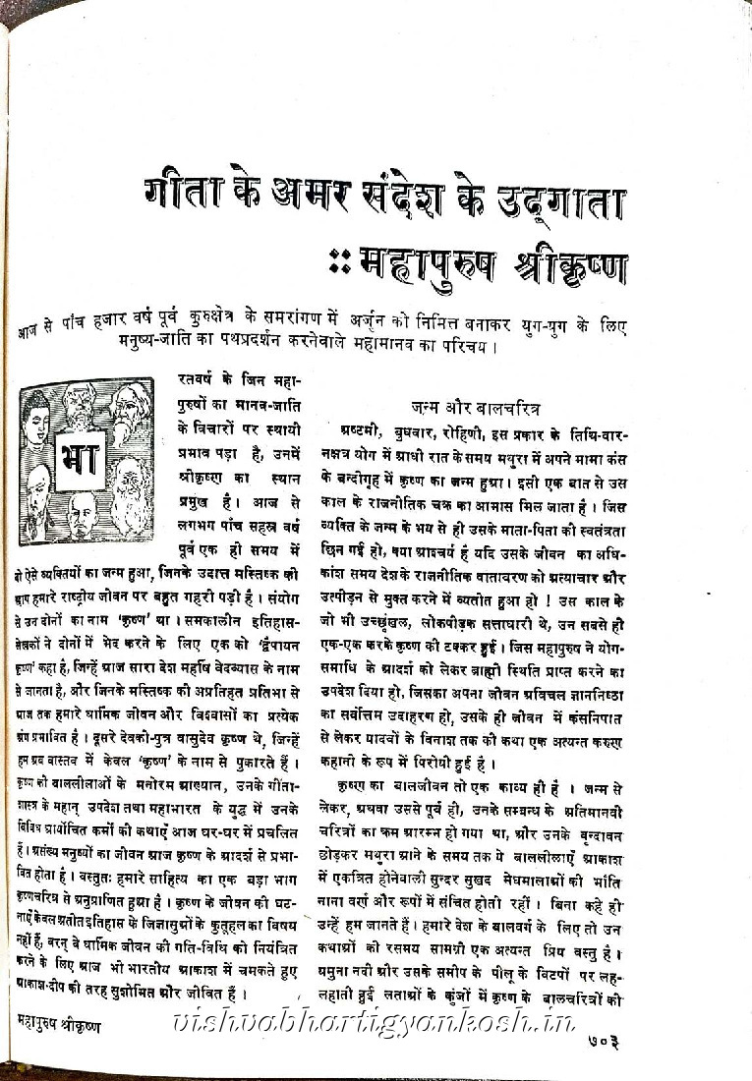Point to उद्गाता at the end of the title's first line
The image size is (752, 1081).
(x=567, y=202)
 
